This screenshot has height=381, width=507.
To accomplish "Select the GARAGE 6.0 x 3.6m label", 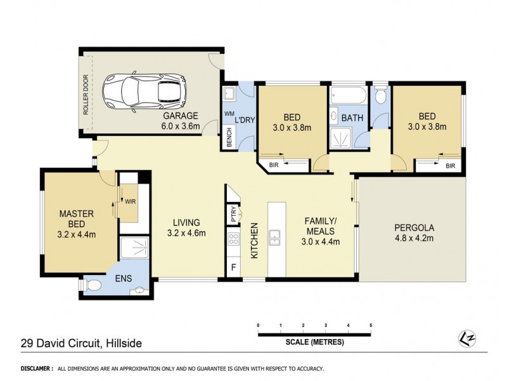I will pyautogui.click(x=181, y=121).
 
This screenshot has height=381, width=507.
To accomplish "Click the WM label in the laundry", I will pyautogui.click(x=229, y=114).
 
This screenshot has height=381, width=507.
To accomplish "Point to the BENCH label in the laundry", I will pyautogui.click(x=228, y=137).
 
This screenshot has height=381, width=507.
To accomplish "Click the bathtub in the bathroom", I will pyautogui.click(x=348, y=96).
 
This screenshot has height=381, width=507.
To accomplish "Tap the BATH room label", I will pyautogui.click(x=352, y=118).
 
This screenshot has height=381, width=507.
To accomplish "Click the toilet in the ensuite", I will pyautogui.click(x=93, y=286).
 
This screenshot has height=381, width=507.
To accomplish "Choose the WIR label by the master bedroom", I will pyautogui.click(x=130, y=201).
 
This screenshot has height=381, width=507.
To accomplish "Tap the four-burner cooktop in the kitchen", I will pyautogui.click(x=233, y=239).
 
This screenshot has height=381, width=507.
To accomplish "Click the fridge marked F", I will pyautogui.click(x=233, y=267).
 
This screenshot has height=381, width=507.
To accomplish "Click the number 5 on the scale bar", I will pyautogui.click(x=370, y=326).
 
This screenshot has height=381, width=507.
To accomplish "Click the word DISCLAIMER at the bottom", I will pyautogui.click(x=36, y=368).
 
